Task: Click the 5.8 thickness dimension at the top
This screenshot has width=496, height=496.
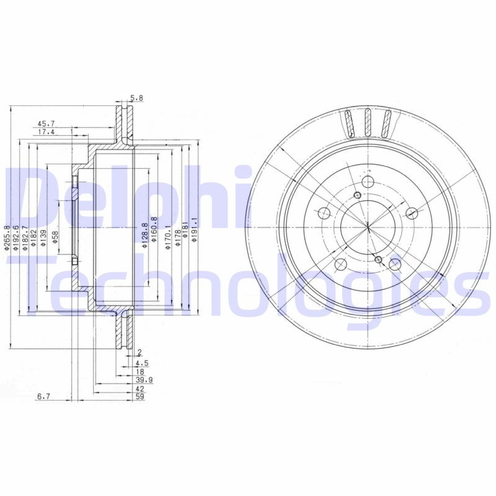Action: tap(136, 98)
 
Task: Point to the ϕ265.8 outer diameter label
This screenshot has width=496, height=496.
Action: tap(7, 237)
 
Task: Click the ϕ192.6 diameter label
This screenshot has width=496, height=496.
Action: tap(16, 237)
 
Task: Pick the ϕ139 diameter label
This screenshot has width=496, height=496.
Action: tap(43, 237)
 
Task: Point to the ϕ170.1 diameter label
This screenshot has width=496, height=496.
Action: tap(167, 237)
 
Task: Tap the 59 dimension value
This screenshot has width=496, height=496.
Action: tap(140, 396)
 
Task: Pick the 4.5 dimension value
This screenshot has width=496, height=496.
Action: tap(142, 363)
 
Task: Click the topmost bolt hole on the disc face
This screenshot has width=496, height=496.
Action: tap(367, 182)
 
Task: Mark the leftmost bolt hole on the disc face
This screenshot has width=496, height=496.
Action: tap(323, 214)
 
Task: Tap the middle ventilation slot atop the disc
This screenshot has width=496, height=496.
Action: tap(367, 123)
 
